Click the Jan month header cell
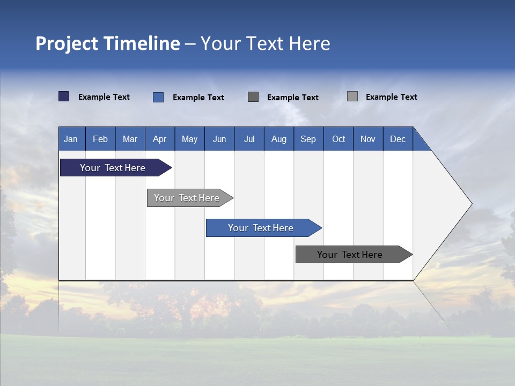pyautogui.click(x=71, y=139)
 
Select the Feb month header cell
pyautogui.click(x=100, y=139)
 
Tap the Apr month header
pyautogui.click(x=160, y=139)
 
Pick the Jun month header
pyautogui.click(x=219, y=139)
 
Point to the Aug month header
pyautogui.click(x=279, y=139)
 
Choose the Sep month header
pyautogui.click(x=308, y=139)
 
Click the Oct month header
pyautogui.click(x=339, y=139)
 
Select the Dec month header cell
pyautogui.click(x=398, y=139)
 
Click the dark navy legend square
pyautogui.click(x=64, y=96)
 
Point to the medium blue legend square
pyautogui.click(x=158, y=97)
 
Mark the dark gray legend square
pyautogui.click(x=253, y=96)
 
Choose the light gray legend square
pyautogui.click(x=352, y=96)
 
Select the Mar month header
pyautogui.click(x=130, y=139)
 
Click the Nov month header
pyautogui.click(x=368, y=139)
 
